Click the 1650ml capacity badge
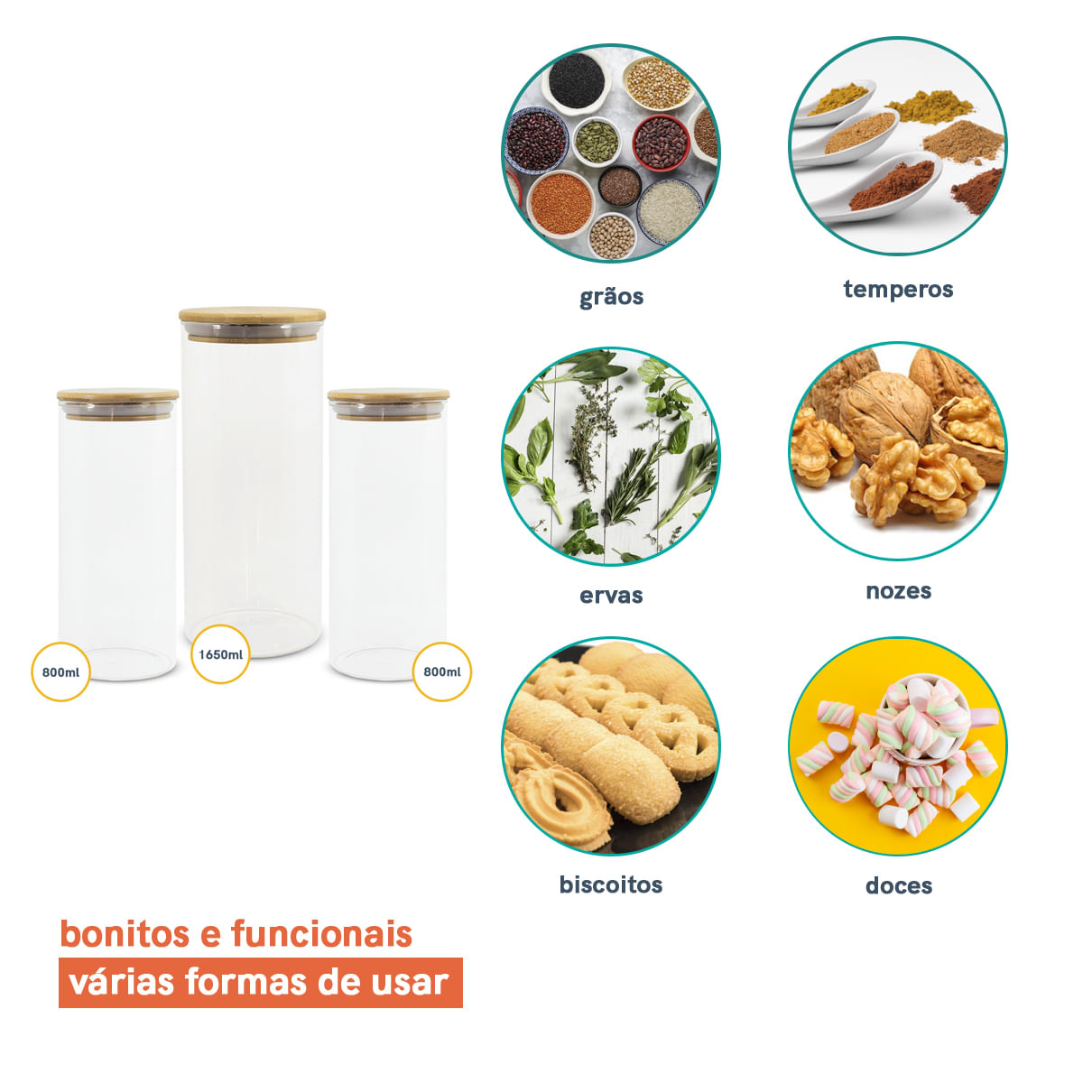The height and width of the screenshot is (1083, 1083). [x=220, y=654]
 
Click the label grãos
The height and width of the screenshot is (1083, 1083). [x=612, y=297]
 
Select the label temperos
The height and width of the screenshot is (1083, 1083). [x=898, y=290]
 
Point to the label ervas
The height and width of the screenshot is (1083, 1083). [x=611, y=595]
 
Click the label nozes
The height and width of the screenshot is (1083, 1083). [x=899, y=591]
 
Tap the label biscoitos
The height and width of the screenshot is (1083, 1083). [x=611, y=884]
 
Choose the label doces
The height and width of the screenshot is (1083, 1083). [x=899, y=885]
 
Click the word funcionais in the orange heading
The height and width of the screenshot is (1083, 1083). [x=321, y=933]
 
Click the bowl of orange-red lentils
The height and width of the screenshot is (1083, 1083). [x=560, y=204]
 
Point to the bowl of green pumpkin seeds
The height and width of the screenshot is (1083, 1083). [x=597, y=143]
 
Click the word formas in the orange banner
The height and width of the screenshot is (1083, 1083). [x=245, y=983]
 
